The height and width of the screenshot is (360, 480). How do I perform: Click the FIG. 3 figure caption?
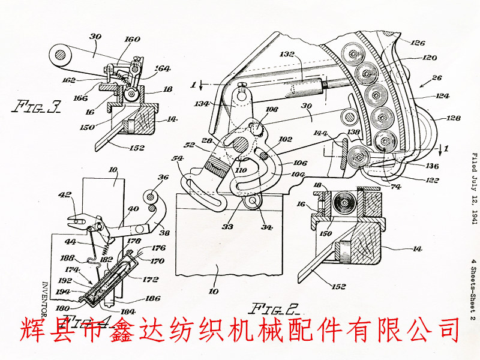click(x=37, y=107)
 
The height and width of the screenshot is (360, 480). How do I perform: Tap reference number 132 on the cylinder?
click(x=286, y=55)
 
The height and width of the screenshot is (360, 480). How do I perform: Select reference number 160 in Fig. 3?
click(x=132, y=40)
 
